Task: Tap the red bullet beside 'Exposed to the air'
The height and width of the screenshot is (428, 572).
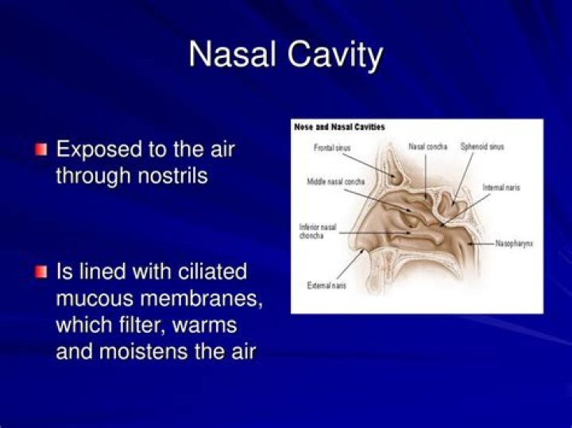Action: click(x=41, y=149)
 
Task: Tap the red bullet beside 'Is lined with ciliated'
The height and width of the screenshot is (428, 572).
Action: click(x=41, y=272)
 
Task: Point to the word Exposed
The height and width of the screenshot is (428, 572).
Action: click(x=100, y=149)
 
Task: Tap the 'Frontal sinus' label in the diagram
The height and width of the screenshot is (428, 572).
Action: click(x=331, y=148)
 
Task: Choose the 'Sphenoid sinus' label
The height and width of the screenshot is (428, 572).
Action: click(x=481, y=147)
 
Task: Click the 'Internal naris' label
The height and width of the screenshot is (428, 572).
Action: click(x=501, y=188)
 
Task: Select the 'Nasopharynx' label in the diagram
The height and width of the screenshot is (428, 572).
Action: click(x=513, y=244)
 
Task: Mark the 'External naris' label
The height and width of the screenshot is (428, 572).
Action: click(x=326, y=285)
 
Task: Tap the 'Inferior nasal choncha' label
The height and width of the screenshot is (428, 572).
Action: click(x=317, y=231)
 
